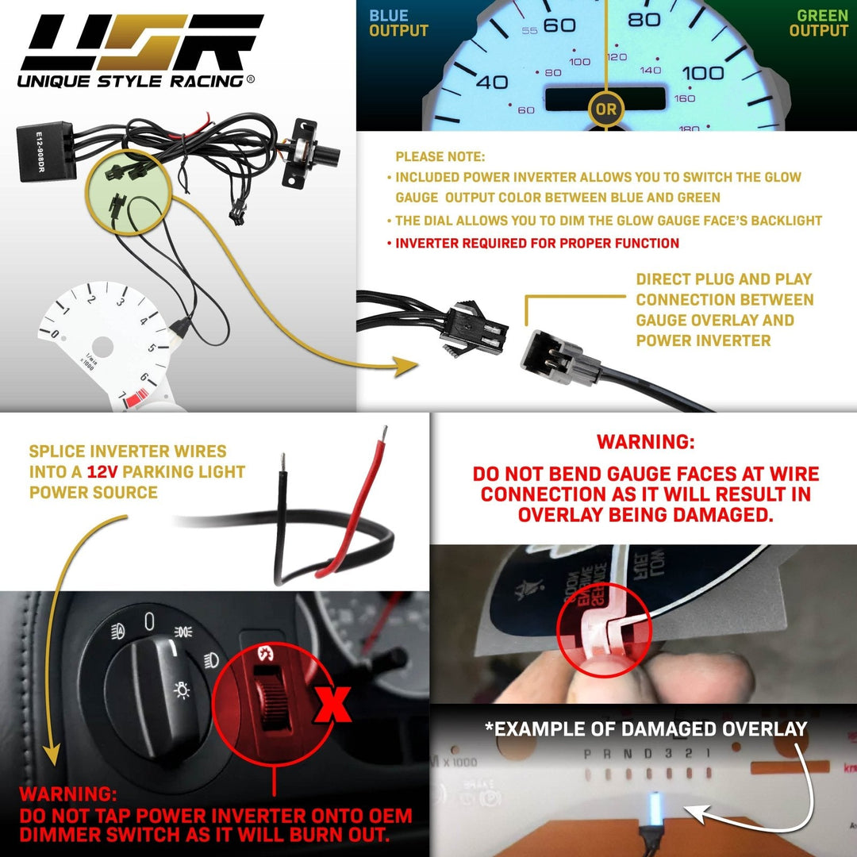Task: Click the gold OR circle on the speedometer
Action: [x=605, y=110]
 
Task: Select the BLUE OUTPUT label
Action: [x=398, y=24]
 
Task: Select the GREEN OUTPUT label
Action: [x=818, y=24]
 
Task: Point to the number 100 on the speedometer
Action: [x=703, y=73]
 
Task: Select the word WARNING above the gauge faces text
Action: [x=644, y=441]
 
